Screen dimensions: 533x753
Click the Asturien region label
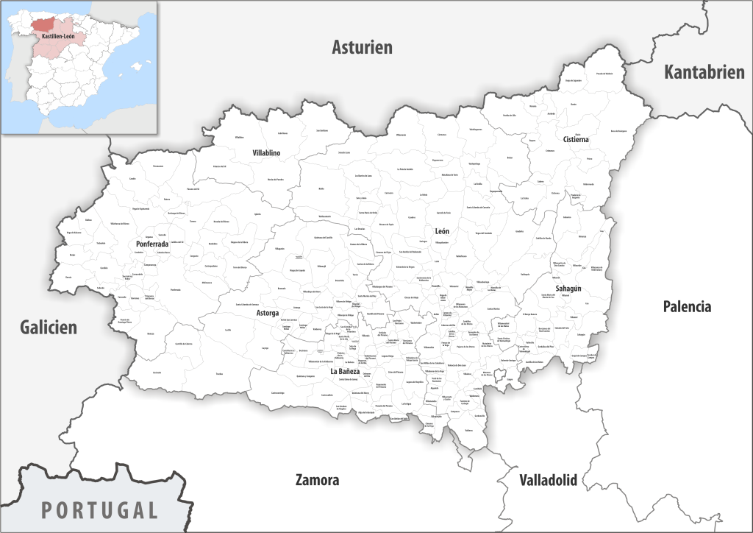362,48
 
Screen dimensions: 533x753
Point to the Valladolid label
548,481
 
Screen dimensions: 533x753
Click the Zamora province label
317,480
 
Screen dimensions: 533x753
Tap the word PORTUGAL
99,509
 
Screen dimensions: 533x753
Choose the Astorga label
267,313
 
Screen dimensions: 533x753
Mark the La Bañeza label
344,372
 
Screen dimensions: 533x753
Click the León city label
442,231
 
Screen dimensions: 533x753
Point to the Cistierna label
576,139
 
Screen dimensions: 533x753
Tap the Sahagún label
568,289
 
